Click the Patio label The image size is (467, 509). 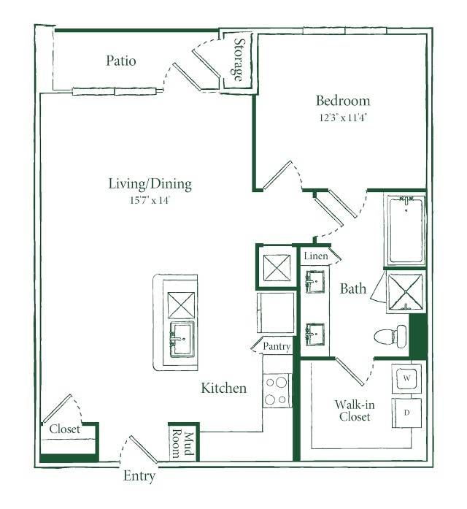coord(121,61)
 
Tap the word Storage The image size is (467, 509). coord(239,60)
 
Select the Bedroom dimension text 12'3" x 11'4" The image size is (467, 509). coord(343,117)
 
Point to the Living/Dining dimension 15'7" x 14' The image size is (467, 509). coord(150,200)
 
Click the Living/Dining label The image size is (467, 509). coord(150,184)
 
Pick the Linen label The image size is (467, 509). coord(316,256)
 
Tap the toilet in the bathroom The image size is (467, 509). coord(390,337)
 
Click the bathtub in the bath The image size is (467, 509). coord(406,230)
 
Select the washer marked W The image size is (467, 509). coord(406,378)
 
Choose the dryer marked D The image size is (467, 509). coord(406,413)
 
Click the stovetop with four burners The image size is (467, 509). coord(277,391)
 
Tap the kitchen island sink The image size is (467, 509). coord(182,340)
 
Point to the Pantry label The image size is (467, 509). coord(277,346)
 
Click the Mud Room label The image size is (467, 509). coord(182,445)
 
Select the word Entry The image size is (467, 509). coord(139,476)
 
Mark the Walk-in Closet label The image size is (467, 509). coord(355,410)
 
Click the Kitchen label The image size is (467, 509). coord(224,388)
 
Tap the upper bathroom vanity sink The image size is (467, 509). coord(314,282)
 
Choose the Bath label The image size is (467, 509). coord(353,288)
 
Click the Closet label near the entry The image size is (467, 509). coord(64,429)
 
